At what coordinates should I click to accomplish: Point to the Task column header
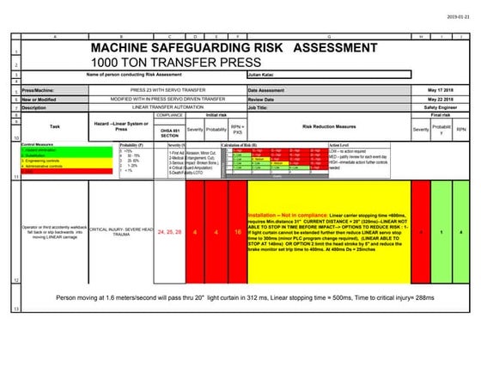tap(53, 126)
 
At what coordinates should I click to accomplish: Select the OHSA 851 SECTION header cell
tap(169, 131)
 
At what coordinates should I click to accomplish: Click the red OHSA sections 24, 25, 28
tap(169, 232)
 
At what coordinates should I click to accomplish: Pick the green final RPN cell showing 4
tap(462, 232)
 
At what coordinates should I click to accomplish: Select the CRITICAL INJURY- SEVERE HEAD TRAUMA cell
tap(120, 232)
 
